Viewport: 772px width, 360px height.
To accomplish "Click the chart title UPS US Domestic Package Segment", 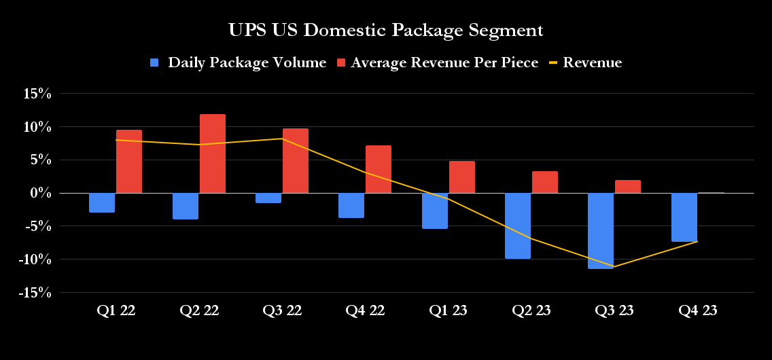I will tap(385, 31).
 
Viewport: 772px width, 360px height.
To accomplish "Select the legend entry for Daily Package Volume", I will tap(247, 63).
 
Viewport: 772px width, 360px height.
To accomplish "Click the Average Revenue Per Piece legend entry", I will tap(444, 63).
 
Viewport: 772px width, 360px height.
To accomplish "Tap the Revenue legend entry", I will tap(592, 63).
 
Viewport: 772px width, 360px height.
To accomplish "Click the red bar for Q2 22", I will tap(212, 154).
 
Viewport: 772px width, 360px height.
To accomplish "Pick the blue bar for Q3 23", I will tap(601, 231).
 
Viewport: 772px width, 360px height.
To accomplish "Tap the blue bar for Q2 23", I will tap(517, 226).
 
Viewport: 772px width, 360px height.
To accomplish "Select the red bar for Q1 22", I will tap(129, 162).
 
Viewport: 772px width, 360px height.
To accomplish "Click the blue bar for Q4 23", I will tap(684, 217).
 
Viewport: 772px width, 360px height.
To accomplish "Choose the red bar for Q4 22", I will tap(379, 169).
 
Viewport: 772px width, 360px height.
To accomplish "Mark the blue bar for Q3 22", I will tap(268, 198).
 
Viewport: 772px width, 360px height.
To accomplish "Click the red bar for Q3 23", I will tap(628, 187).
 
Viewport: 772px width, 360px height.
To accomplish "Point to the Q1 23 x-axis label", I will tap(448, 311).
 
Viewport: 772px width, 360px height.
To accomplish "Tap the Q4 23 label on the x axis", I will tap(697, 311).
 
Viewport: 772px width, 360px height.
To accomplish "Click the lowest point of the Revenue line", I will tap(614, 266).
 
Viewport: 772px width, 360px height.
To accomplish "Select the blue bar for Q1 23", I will tap(434, 211).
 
